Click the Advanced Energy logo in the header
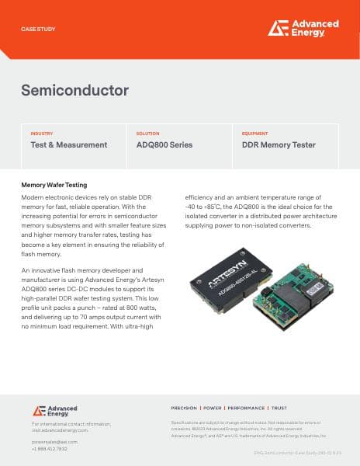coord(303,28)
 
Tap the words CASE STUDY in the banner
coord(38,29)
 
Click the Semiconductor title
coord(74,90)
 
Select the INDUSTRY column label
coord(42,134)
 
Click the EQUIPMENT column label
coord(255,134)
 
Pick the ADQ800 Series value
coord(164,145)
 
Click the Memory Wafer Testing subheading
coord(54,186)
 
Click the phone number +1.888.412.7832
coord(50,448)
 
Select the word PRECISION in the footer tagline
coord(185,408)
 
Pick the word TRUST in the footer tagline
coord(279,408)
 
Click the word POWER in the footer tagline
coord(213,408)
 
